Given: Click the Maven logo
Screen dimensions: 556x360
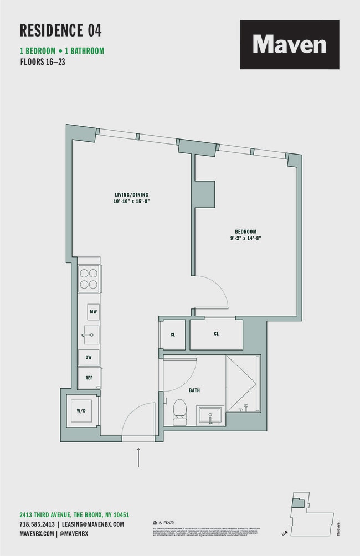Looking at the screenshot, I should coord(289,44).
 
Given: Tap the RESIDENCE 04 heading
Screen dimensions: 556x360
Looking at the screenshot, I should coord(61,30).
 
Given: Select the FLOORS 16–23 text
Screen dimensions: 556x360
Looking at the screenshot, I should coord(43,61).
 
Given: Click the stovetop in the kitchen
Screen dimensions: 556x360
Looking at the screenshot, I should coord(89,279).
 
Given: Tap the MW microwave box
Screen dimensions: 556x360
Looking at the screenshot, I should coord(93,312).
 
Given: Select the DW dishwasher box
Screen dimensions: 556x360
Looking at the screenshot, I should coord(89,358).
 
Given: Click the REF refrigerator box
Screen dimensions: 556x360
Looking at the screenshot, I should coord(89,378).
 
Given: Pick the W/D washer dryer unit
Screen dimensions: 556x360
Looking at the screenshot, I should coord(81,410).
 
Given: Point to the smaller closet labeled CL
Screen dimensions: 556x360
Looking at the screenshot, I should coord(173,334).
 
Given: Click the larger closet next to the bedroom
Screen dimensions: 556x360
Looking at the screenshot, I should coord(216,334).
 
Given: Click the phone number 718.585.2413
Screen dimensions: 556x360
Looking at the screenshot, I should coord(37,524).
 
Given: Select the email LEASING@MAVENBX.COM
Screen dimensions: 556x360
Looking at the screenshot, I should coord(93,524).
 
